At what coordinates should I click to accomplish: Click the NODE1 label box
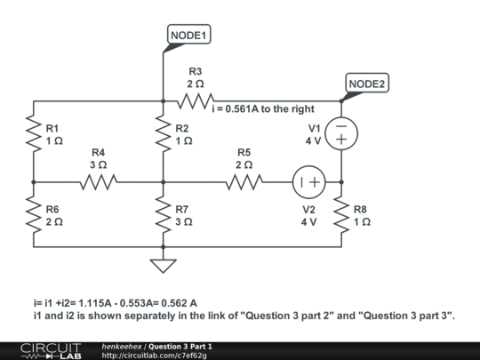[x=188, y=36]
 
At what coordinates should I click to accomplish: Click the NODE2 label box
[x=367, y=84]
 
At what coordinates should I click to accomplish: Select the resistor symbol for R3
[x=195, y=100]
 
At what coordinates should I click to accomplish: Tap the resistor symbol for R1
[x=33, y=134]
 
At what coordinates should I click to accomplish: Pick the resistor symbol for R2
[x=163, y=134]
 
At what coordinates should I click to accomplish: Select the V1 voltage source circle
[x=341, y=134]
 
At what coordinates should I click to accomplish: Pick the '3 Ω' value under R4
[x=98, y=165]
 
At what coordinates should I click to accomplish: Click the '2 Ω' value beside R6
[x=54, y=221]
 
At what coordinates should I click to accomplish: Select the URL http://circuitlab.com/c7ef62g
[x=155, y=355]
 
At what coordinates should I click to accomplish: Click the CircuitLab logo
[x=44, y=349]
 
